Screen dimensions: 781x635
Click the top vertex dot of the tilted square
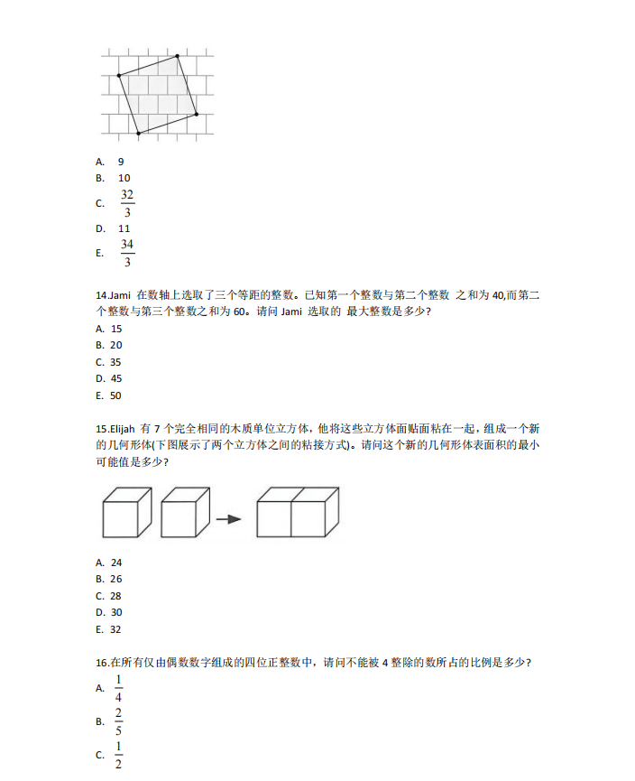tap(178, 56)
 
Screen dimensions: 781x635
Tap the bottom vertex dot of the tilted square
tap(138, 134)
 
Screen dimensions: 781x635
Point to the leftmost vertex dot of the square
tap(119, 76)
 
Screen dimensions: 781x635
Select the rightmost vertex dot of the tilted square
tap(197, 115)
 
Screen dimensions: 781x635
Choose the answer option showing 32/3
tap(127, 203)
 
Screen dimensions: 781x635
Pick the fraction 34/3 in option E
tap(127, 253)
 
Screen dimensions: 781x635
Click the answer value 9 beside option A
tap(121, 162)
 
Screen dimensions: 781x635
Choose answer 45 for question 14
tap(116, 378)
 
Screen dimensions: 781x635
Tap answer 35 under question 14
tap(116, 362)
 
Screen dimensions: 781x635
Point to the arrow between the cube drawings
tap(229, 519)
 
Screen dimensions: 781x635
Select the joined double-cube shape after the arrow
tap(298, 513)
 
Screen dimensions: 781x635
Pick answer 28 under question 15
tap(116, 596)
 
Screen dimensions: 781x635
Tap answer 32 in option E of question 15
tap(115, 629)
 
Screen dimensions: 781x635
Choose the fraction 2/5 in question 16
tap(118, 721)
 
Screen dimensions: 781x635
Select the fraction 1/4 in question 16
tap(118, 688)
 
